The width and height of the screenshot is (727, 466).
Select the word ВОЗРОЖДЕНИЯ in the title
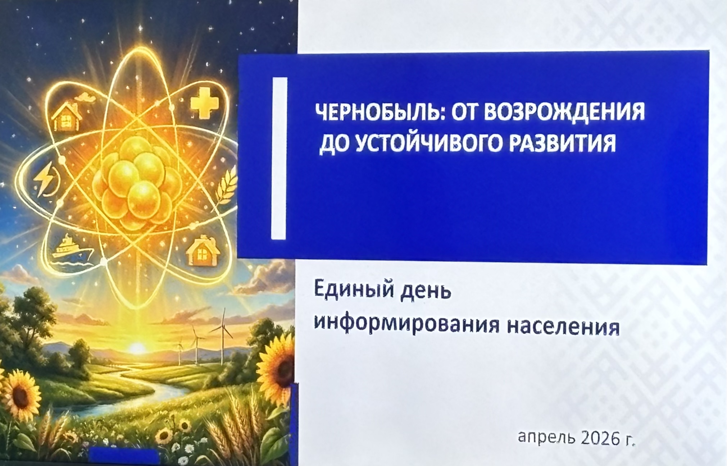(564, 112)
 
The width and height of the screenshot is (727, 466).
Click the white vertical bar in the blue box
(280, 158)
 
